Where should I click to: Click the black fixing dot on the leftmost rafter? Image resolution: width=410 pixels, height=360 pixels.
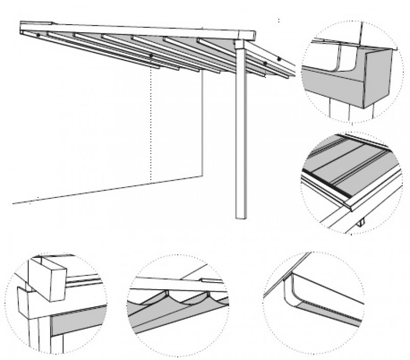tap(38, 35)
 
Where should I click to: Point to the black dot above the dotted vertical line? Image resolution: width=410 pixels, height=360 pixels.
tap(151, 56)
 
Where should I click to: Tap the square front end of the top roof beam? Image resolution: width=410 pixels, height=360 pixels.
tap(250, 34)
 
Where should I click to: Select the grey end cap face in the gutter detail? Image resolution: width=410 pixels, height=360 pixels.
tap(380, 77)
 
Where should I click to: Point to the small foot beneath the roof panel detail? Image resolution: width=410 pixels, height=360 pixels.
tap(362, 224)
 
